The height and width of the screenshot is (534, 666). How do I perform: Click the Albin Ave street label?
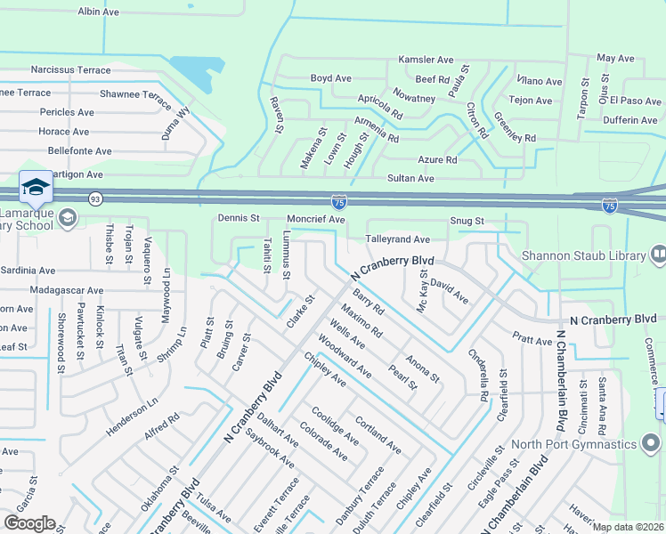pos(99,12)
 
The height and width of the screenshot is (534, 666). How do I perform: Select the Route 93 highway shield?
pos(94,198)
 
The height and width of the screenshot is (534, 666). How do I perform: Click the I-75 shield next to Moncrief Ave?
pos(338,203)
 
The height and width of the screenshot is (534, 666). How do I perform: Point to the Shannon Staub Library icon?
pos(658,255)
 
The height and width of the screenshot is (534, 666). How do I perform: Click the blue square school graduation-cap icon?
pos(36,187)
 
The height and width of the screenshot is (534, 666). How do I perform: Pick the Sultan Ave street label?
pos(410,179)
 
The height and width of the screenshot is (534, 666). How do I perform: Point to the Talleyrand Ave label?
pos(398,239)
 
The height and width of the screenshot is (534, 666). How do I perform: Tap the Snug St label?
pos(466,221)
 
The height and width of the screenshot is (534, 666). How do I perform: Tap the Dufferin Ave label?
pos(629,120)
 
